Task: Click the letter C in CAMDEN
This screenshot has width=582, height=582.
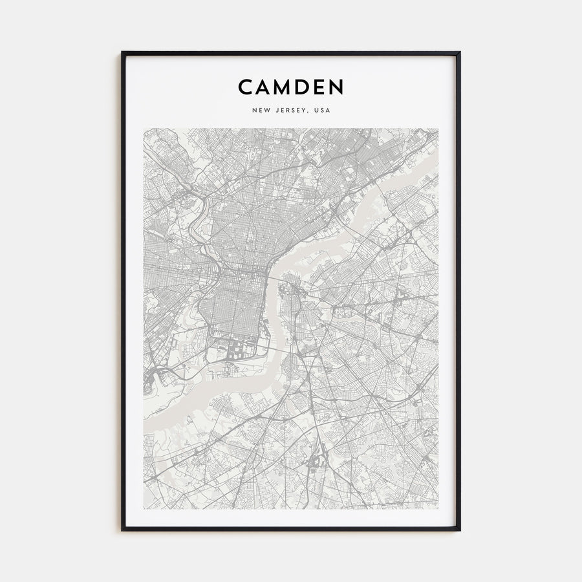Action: coord(245,87)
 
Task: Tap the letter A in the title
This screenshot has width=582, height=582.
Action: coord(265,87)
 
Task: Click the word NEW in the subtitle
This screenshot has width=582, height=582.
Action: coord(261,111)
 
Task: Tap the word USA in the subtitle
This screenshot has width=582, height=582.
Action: coord(322,111)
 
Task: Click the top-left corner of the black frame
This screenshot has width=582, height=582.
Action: coord(122,53)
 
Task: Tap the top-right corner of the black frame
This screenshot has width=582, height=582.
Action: coord(460,53)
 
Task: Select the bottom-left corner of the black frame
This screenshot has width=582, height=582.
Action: coord(122,530)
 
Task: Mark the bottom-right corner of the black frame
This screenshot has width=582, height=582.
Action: coord(460,530)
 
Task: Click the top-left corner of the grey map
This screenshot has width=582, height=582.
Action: coord(144,129)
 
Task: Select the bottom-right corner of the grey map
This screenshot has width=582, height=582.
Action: coord(438,508)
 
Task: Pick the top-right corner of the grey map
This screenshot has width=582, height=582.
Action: coord(438,129)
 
